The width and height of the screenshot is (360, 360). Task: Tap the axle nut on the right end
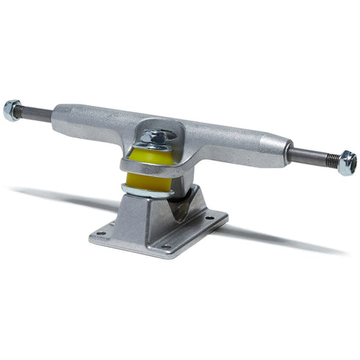[x=346, y=162]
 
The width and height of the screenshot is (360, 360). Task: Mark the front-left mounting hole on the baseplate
[x=101, y=234]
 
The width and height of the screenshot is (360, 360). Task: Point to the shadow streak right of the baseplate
[x=287, y=240]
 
